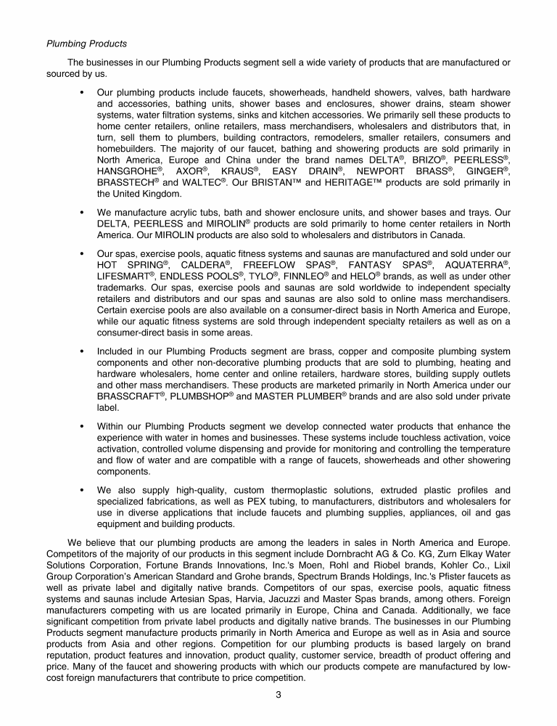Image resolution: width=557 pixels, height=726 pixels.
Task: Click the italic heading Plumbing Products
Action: point(86,44)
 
